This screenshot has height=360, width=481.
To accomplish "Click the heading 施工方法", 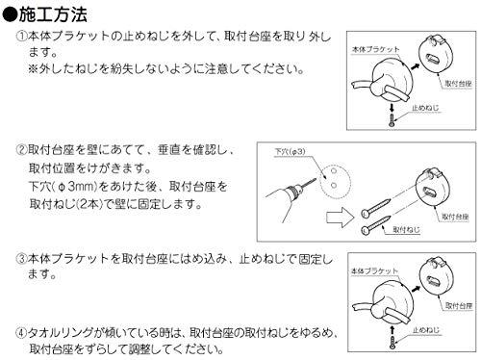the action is tap(53, 14).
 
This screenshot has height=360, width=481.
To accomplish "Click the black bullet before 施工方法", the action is tap(10, 15).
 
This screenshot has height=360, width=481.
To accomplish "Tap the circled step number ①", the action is tap(21, 36).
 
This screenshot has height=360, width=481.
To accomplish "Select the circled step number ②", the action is tap(21, 150).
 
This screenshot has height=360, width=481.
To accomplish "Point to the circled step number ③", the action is tap(21, 259).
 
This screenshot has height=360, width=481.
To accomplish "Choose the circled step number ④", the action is tap(21, 333).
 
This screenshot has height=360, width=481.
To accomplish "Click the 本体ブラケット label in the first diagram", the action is tap(375, 49).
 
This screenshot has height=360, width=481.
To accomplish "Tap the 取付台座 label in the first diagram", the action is tap(458, 84).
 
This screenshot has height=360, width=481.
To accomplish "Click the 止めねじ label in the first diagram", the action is tap(425, 108).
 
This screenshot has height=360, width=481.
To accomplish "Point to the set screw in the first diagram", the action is tap(392, 120).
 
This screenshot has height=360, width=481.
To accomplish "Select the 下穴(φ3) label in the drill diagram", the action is tap(290, 151).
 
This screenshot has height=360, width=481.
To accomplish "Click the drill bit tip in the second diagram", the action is tap(316, 180).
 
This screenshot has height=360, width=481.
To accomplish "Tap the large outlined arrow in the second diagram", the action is tap(341, 218).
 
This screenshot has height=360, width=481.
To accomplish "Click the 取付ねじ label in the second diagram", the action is tap(406, 229).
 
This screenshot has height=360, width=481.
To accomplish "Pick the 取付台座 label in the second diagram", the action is tap(455, 217).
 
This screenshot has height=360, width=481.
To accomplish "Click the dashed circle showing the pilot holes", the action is tap(320, 181).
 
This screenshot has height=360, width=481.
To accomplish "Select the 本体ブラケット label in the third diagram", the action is tap(374, 271).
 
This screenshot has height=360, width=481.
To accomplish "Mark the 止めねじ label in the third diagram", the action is tap(425, 330).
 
